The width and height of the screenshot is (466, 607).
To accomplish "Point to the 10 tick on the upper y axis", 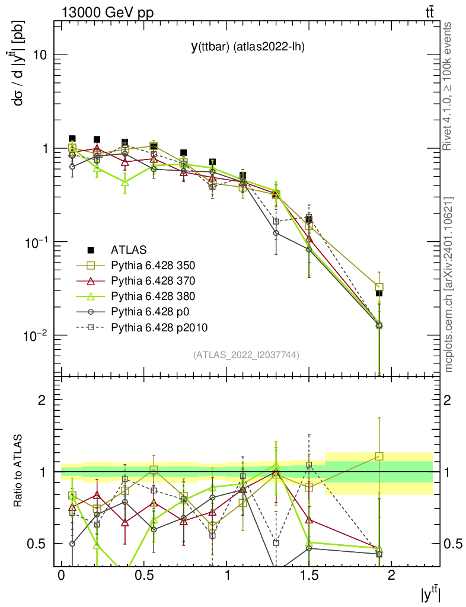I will [x=40, y=55].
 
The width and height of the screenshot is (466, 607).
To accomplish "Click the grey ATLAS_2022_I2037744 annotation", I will [x=246, y=355].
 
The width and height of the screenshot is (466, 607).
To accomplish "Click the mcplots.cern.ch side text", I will [x=449, y=285].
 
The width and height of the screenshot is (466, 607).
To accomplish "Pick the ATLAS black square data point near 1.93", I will [x=379, y=293].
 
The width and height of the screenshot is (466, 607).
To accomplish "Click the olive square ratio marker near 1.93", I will [x=379, y=456].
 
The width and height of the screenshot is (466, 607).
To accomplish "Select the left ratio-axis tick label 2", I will [x=42, y=400].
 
